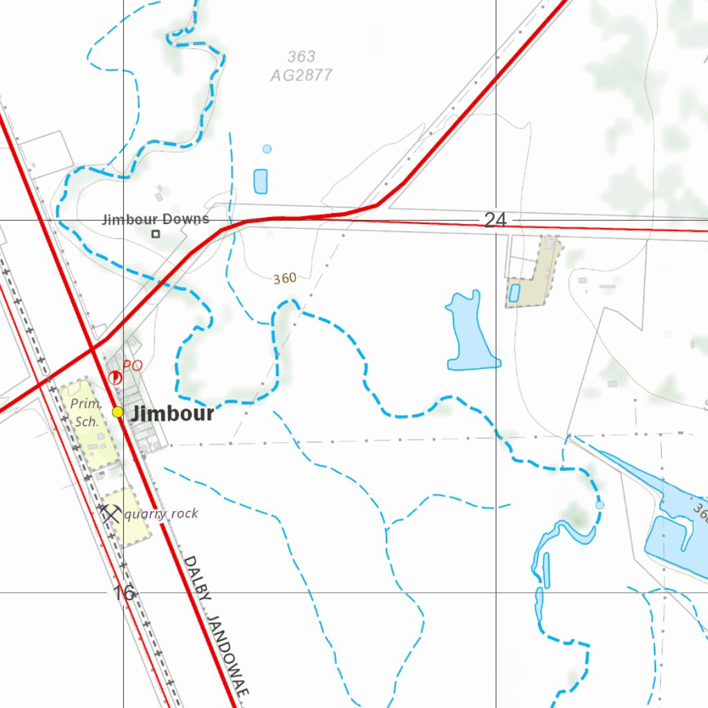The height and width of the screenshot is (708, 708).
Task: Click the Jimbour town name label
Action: point(172,413)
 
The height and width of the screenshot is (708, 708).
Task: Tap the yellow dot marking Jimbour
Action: point(118,412)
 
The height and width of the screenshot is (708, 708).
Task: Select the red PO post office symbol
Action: point(115,377)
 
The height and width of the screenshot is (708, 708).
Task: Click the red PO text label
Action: point(133,365)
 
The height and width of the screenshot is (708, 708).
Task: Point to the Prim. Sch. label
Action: point(88,411)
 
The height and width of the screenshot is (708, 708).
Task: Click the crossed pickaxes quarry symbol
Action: point(110,514)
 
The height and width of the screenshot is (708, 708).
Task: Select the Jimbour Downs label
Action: point(156,220)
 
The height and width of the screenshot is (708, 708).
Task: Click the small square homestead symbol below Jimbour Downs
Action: point(156,234)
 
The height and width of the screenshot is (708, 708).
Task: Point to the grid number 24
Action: point(495,220)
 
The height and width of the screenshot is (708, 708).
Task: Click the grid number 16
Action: point(124,593)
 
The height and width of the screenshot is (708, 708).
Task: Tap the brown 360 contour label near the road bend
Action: point(285,279)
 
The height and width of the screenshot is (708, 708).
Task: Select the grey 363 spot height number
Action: point(301,57)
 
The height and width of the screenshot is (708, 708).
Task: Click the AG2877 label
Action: point(301,75)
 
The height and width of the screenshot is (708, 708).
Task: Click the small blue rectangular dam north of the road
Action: point(261,181)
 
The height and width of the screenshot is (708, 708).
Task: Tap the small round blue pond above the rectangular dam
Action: point(267,149)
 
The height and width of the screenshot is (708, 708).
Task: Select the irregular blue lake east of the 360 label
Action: point(470,335)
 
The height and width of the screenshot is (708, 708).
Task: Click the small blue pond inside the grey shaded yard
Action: point(514,293)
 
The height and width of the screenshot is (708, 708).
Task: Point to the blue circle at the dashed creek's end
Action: point(599,505)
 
